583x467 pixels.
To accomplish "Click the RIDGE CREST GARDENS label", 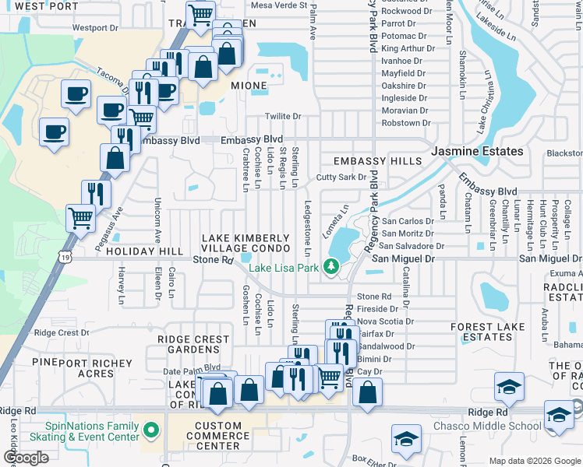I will pyautogui.click(x=193, y=345).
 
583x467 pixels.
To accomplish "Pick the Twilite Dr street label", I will pyautogui.click(x=283, y=117).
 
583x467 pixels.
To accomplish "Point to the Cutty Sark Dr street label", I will pyautogui.click(x=341, y=177).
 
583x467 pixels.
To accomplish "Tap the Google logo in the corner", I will pyautogui.click(x=26, y=458).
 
